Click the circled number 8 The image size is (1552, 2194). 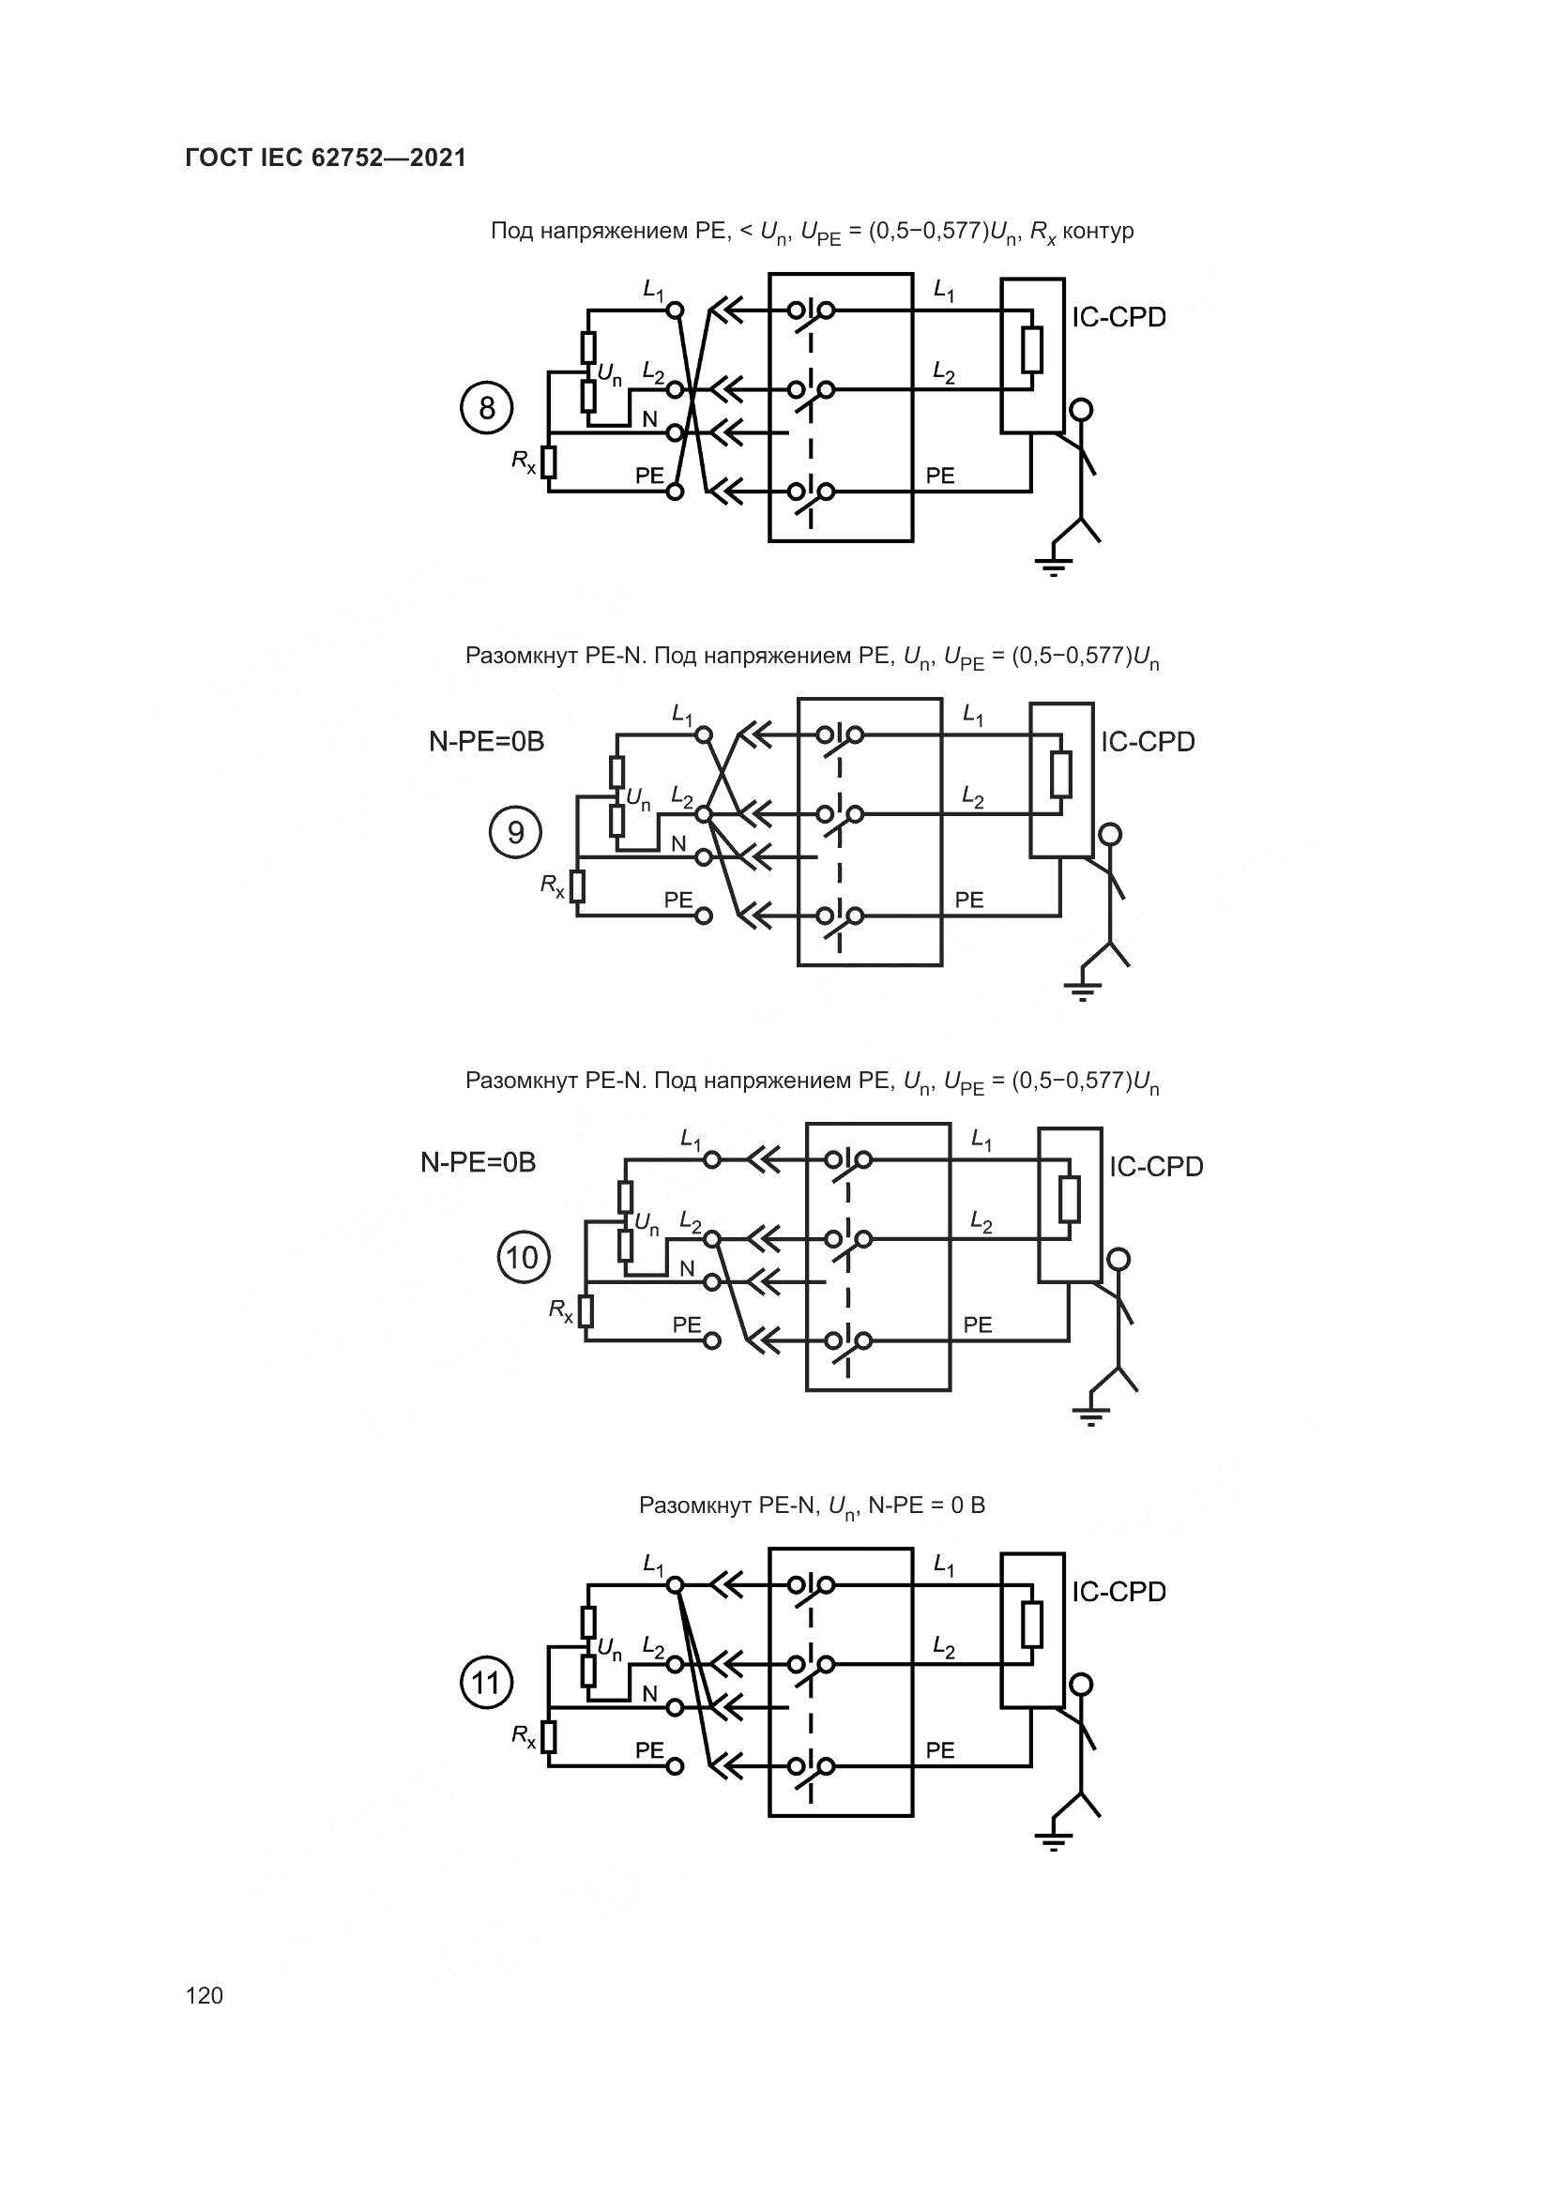pyautogui.click(x=486, y=409)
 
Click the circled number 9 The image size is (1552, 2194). pyautogui.click(x=515, y=833)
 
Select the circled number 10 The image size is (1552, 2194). pyautogui.click(x=523, y=1257)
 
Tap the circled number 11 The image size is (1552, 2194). pyautogui.click(x=486, y=1682)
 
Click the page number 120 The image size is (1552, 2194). pyautogui.click(x=205, y=1995)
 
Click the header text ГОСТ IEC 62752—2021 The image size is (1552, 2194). pyautogui.click(x=326, y=159)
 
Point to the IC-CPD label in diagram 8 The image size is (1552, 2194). pyautogui.click(x=1118, y=318)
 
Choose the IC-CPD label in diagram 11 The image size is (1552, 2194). pyautogui.click(x=1118, y=1592)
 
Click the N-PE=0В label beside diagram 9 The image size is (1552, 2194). pyautogui.click(x=486, y=742)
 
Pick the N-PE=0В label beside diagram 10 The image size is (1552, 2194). pyautogui.click(x=479, y=1163)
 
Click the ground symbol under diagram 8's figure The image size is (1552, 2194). pyautogui.click(x=1053, y=567)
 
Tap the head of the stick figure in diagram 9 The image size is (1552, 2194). pyautogui.click(x=1109, y=835)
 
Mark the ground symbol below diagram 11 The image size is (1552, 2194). pyautogui.click(x=1053, y=1841)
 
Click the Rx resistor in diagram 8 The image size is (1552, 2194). pyautogui.click(x=549, y=462)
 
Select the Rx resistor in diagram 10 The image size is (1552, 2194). pyautogui.click(x=586, y=1311)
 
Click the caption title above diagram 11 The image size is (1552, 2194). pyautogui.click(x=812, y=1507)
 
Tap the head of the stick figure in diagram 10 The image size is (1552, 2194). pyautogui.click(x=1118, y=1260)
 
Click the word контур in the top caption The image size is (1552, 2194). pyautogui.click(x=1098, y=232)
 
